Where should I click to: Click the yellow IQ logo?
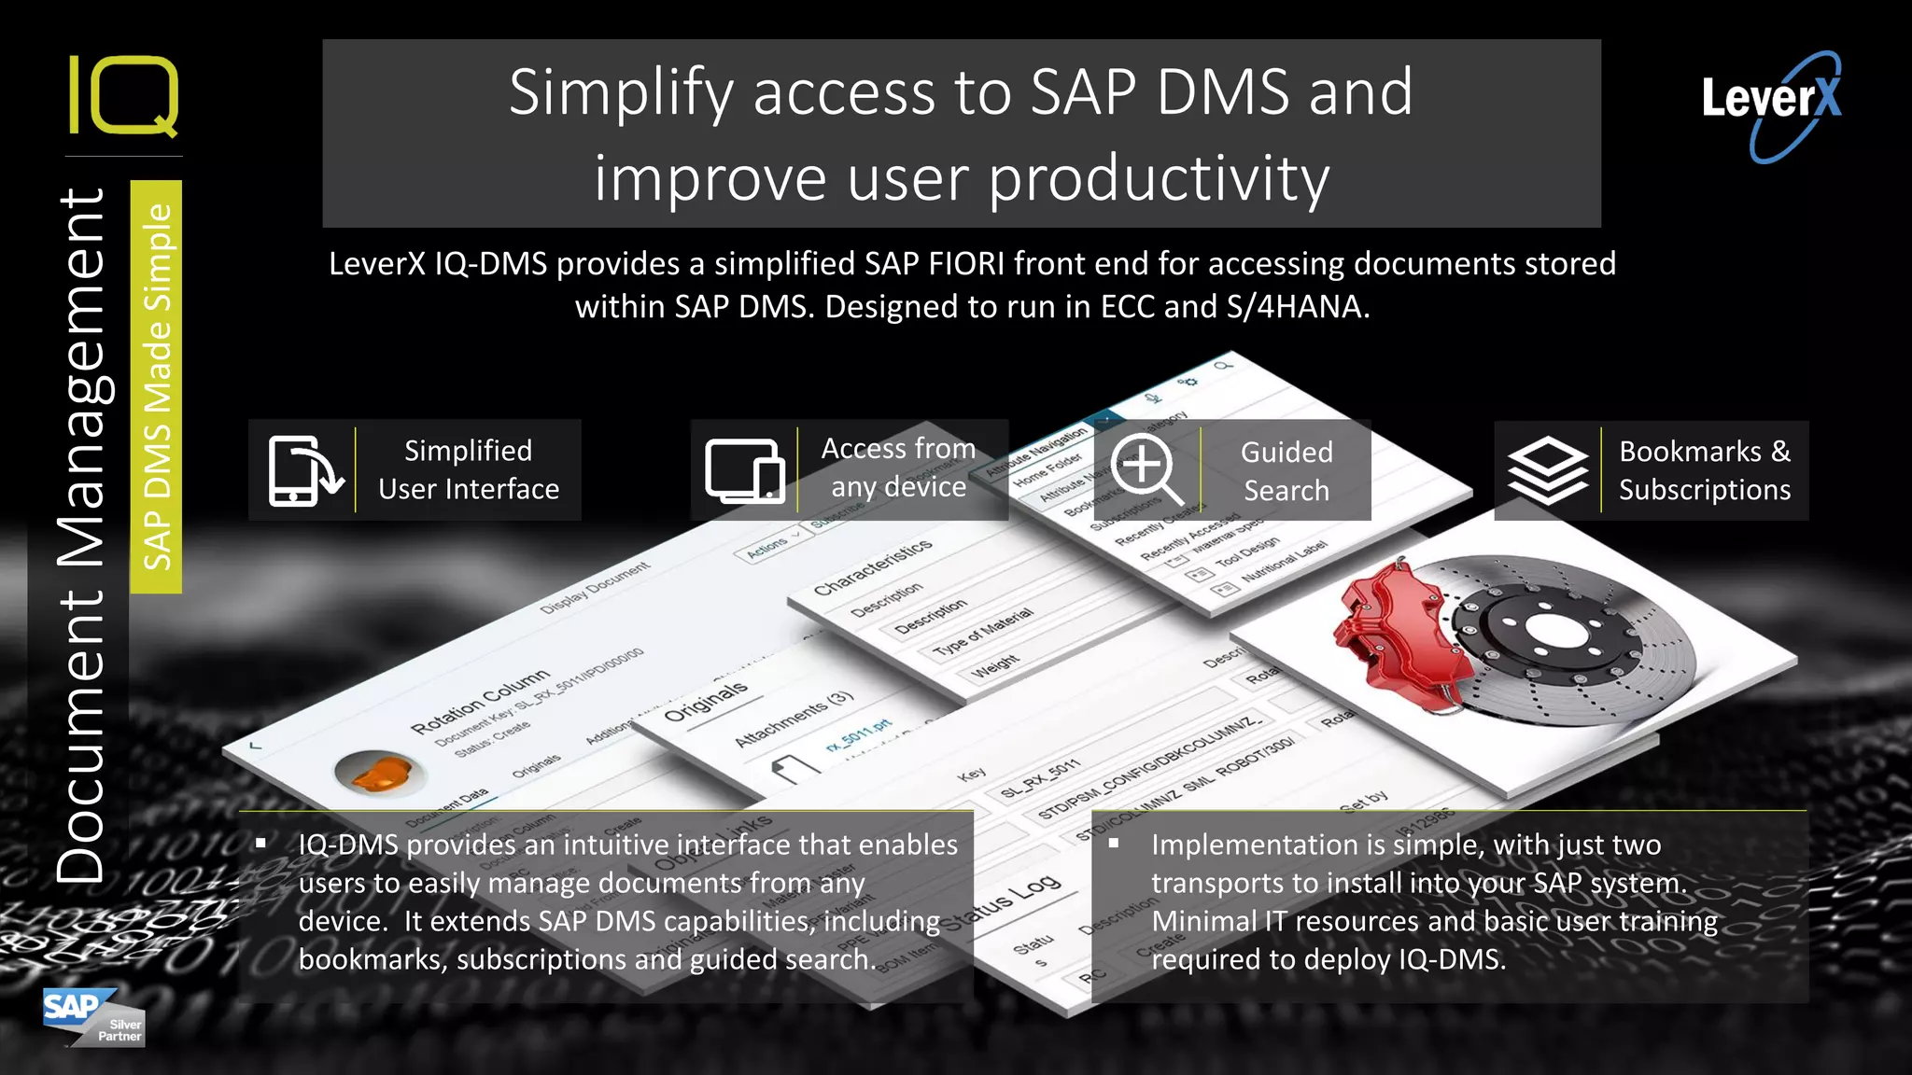pos(123,95)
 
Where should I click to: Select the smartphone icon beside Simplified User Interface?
pos(304,470)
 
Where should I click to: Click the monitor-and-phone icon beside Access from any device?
pos(744,470)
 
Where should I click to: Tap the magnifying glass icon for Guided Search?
pos(1146,469)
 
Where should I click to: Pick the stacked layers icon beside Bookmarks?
pos(1547,470)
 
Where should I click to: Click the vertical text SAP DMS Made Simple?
pos(157,386)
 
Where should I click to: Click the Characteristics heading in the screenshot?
pos(872,566)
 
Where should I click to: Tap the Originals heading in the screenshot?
pos(706,701)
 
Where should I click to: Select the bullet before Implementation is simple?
pos(1114,844)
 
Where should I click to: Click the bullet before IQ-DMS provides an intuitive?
pos(261,844)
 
